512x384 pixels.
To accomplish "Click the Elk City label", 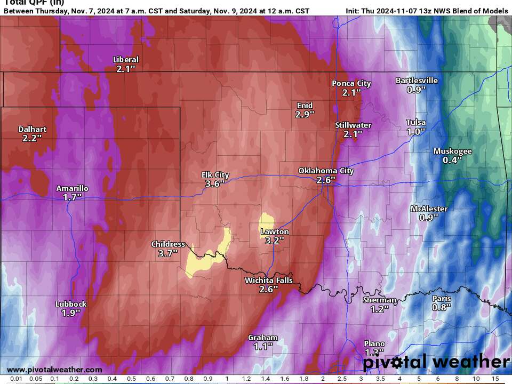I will (215, 174).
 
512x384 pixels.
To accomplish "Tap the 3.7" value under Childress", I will (168, 253).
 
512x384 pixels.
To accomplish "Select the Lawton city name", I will (275, 231).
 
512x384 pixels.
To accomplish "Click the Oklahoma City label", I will (325, 171).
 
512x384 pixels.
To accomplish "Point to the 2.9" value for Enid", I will (305, 114).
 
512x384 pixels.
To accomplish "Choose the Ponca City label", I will (351, 83).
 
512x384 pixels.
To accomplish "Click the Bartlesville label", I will (417, 81).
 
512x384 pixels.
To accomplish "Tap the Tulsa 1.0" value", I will (416, 131).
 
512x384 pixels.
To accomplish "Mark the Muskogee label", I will (452, 151).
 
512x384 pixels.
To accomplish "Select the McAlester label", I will (429, 209).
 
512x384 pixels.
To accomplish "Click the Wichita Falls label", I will (269, 281).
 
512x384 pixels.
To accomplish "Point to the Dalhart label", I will (32, 129).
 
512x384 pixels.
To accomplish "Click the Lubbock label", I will (71, 304).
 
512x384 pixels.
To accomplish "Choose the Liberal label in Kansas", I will (126, 60).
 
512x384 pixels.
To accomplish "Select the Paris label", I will (442, 299).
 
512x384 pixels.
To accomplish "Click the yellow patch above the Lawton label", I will (266, 221).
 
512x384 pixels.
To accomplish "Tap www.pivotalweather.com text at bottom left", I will (54, 370).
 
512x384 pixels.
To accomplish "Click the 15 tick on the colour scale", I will (495, 379).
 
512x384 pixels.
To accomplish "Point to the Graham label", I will (263, 338).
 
